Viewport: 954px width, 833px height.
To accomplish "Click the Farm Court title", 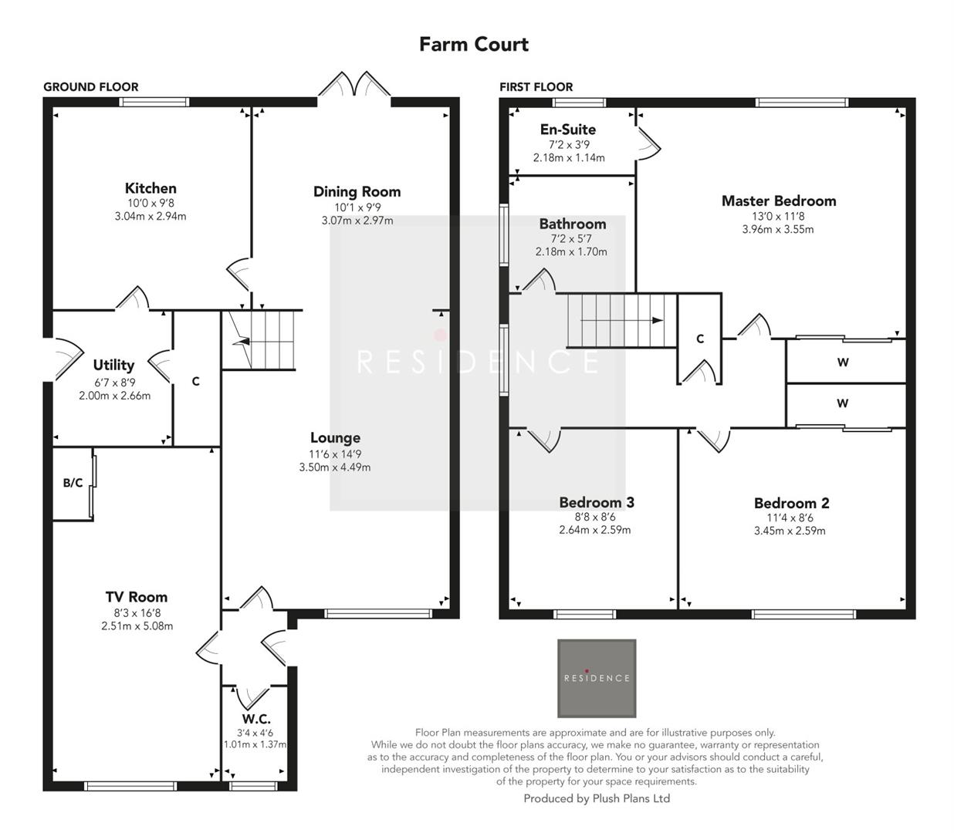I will (x=473, y=44).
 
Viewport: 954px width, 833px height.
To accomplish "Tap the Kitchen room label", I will (x=151, y=188).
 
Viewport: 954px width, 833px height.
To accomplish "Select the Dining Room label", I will (x=357, y=191).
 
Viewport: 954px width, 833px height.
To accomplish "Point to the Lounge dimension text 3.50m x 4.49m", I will (x=334, y=467).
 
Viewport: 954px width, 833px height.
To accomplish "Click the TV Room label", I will (x=137, y=596).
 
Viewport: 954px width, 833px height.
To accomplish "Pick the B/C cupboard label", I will (x=73, y=483).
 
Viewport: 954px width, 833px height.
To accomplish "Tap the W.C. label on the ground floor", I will (x=255, y=718).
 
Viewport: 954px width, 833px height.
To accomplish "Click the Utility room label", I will (x=113, y=365).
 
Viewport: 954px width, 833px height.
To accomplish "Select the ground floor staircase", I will (x=261, y=339).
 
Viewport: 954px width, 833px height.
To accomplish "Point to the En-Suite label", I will (x=567, y=130).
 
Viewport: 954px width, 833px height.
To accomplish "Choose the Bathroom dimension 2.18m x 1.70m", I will (x=571, y=252).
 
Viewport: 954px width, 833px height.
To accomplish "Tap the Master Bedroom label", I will (x=778, y=201).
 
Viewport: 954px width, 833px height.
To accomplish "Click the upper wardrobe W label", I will (x=842, y=362).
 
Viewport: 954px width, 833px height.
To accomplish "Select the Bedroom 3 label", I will (x=596, y=502).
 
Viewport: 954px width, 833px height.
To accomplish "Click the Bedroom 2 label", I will (x=791, y=503).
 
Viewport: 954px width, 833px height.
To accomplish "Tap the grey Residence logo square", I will (x=597, y=678).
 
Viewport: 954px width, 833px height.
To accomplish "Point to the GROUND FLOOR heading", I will (x=90, y=87).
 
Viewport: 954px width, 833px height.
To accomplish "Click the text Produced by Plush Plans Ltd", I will (x=597, y=798).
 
